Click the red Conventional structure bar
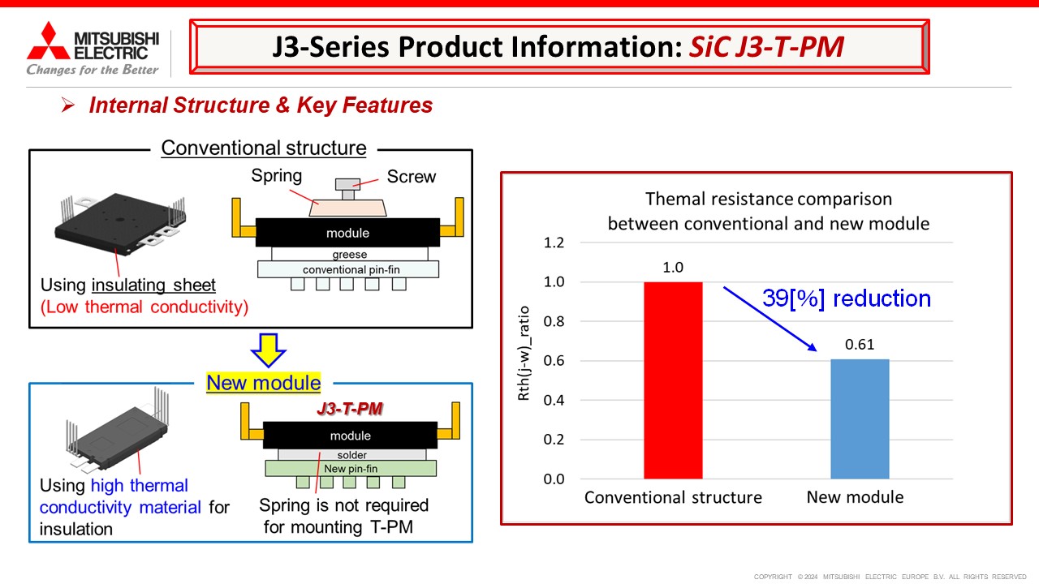[x=673, y=380]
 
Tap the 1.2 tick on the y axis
[x=555, y=243]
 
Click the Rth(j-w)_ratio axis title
[x=524, y=360]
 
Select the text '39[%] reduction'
[x=846, y=298]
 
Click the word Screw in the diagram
[x=411, y=177]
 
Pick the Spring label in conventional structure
[x=276, y=176]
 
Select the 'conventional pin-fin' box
[x=348, y=269]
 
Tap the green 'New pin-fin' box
[x=350, y=469]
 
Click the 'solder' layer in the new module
[x=351, y=455]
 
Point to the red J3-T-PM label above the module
[x=349, y=410]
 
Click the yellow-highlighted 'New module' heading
[x=264, y=383]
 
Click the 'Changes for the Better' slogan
[x=93, y=70]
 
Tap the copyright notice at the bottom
[x=890, y=577]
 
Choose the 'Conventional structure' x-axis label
[x=673, y=497]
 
